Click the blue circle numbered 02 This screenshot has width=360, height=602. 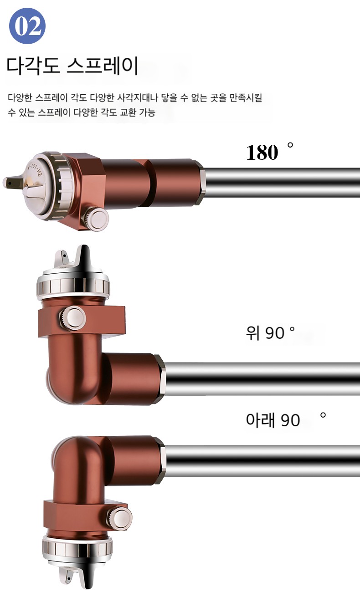click(x=27, y=26)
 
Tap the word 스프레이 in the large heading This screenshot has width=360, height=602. click(x=103, y=65)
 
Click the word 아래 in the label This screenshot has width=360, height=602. click(x=261, y=420)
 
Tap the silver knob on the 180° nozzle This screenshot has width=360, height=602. click(x=96, y=218)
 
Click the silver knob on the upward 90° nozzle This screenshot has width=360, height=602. click(x=72, y=318)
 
